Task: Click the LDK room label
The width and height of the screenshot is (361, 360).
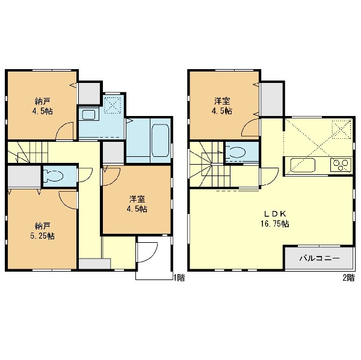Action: tap(275, 214)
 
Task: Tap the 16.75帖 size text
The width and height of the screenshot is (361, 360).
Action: tap(275, 224)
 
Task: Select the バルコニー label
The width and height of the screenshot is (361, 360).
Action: tap(319, 258)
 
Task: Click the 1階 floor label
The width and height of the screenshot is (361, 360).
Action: tap(179, 278)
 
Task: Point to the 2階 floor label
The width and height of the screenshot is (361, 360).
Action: tap(348, 278)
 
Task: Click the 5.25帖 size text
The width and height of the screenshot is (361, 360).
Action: tap(42, 236)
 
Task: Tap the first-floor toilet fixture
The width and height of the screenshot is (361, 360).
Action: tap(54, 175)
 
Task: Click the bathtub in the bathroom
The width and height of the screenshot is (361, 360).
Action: tap(160, 141)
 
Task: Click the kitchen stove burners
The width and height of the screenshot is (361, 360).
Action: tap(341, 165)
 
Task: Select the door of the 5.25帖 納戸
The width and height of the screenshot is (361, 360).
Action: tap(67, 200)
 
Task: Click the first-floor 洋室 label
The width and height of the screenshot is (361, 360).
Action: tap(137, 199)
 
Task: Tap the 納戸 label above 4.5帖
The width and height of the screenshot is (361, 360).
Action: tap(42, 101)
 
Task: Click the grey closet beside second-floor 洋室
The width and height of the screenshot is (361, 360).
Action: tap(272, 99)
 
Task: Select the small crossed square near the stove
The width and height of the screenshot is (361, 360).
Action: tap(341, 129)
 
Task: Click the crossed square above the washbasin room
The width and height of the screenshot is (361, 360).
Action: tap(113, 105)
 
